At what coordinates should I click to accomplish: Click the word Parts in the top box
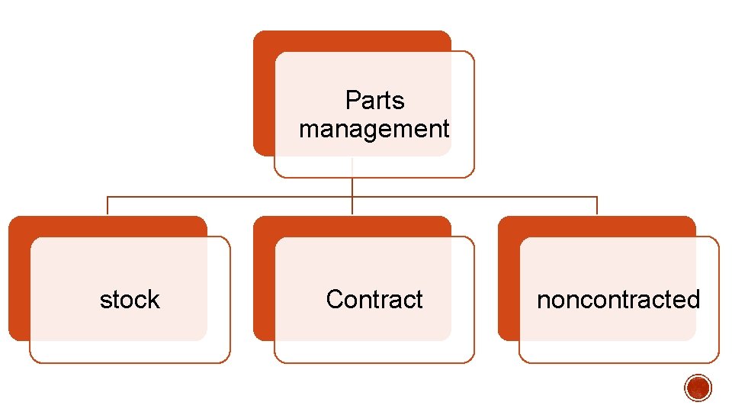pos(374,101)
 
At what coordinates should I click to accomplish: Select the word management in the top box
pos(374,129)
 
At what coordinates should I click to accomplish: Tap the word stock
pos(130,300)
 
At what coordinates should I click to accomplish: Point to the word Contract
pos(374,300)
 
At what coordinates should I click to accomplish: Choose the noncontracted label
pos(618,300)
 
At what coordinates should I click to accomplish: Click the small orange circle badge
pos(698,388)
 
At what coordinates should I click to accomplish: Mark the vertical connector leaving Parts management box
pos(352,187)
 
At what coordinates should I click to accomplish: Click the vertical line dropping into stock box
pos(108,206)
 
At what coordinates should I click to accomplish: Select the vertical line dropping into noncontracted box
pos(597,206)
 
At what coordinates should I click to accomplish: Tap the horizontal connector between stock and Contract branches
pos(229,197)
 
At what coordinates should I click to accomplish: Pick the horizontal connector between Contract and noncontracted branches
pos(474,197)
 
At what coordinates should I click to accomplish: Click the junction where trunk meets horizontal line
pos(352,197)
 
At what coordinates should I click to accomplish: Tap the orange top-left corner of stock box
pos(19,227)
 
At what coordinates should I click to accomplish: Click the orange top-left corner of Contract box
pos(264,227)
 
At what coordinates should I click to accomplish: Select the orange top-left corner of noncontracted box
pos(509,227)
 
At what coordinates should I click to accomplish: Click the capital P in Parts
pos(352,101)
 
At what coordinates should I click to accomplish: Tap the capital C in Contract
pos(333,300)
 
